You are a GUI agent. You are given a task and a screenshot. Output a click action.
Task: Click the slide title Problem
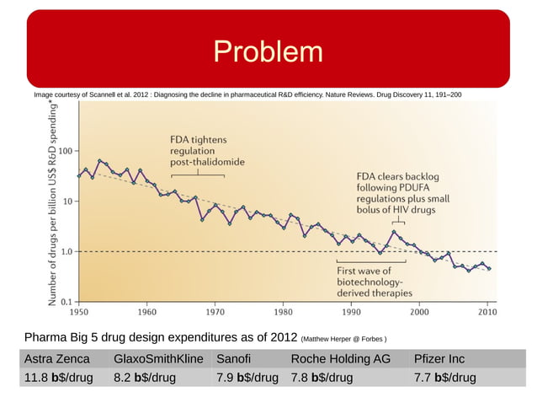tap(268, 51)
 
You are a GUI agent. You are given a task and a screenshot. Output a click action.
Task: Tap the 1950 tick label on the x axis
tap(78, 311)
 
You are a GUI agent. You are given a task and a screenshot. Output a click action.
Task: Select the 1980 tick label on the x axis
tap(283, 311)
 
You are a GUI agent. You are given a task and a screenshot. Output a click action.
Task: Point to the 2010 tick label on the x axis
tap(487, 311)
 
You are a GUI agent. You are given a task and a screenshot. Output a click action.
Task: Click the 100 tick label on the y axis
tap(64, 152)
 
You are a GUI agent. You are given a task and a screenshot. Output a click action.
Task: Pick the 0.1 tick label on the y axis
tap(64, 301)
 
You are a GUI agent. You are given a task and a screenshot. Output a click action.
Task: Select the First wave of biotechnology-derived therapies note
tap(375, 282)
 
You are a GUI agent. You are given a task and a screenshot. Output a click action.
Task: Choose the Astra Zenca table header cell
tap(56, 358)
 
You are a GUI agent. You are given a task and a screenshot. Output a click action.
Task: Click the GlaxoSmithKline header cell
tap(158, 358)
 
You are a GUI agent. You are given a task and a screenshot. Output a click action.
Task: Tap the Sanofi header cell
tap(234, 358)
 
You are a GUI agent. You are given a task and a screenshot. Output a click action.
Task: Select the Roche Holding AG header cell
tap(340, 358)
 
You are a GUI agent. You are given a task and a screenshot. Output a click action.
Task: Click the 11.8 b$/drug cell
tap(56, 377)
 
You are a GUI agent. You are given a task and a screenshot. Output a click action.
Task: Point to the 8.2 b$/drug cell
tap(145, 377)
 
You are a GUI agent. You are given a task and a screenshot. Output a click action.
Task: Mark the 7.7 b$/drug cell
tap(444, 377)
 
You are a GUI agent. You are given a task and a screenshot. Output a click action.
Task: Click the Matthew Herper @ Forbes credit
tap(343, 340)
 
